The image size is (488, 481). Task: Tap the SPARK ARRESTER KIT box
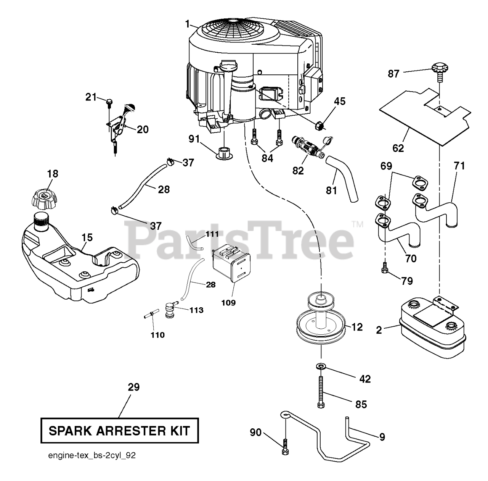pos(120,431)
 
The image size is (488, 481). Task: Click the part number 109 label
pos(228,303)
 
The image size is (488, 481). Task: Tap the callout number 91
pos(194,139)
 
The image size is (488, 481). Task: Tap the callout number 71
pos(459,166)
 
